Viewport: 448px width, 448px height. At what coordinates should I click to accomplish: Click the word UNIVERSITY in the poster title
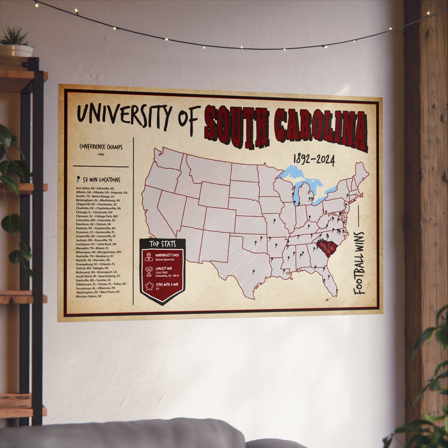pos(124,116)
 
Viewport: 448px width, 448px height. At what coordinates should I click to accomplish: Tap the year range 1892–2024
pos(314,160)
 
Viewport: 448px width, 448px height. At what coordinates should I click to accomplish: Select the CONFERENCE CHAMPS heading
pos(101,147)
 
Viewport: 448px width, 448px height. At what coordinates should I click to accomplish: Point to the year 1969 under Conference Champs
pos(101,154)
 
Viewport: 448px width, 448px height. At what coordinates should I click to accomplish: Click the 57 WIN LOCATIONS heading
pos(98,180)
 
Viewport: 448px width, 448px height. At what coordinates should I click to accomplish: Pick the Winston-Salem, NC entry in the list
pos(89,296)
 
